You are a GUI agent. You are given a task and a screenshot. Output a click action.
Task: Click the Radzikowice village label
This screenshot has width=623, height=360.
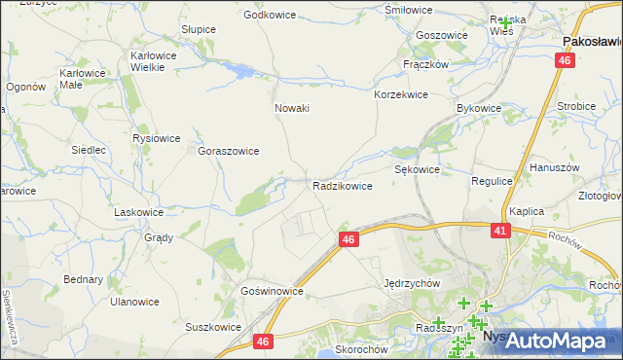[x=343, y=186]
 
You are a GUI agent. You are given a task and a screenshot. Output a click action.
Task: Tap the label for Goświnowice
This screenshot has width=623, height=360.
[x=274, y=291]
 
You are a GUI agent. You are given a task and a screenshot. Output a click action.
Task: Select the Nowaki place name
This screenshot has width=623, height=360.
[x=292, y=108]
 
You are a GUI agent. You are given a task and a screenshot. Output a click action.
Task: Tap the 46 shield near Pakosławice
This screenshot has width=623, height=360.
[x=565, y=60]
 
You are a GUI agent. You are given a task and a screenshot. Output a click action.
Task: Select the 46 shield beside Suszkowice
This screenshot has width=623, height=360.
[x=263, y=342]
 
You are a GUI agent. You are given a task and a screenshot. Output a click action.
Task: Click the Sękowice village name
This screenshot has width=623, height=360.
[x=418, y=169]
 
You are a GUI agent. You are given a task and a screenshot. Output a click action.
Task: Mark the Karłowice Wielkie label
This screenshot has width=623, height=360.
[x=153, y=62]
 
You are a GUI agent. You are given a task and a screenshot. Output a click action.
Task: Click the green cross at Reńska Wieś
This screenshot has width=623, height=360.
[x=505, y=21]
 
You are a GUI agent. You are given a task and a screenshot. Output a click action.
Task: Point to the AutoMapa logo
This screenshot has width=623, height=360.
[x=556, y=340]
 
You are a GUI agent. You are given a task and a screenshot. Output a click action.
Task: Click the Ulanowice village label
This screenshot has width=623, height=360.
[x=134, y=302]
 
